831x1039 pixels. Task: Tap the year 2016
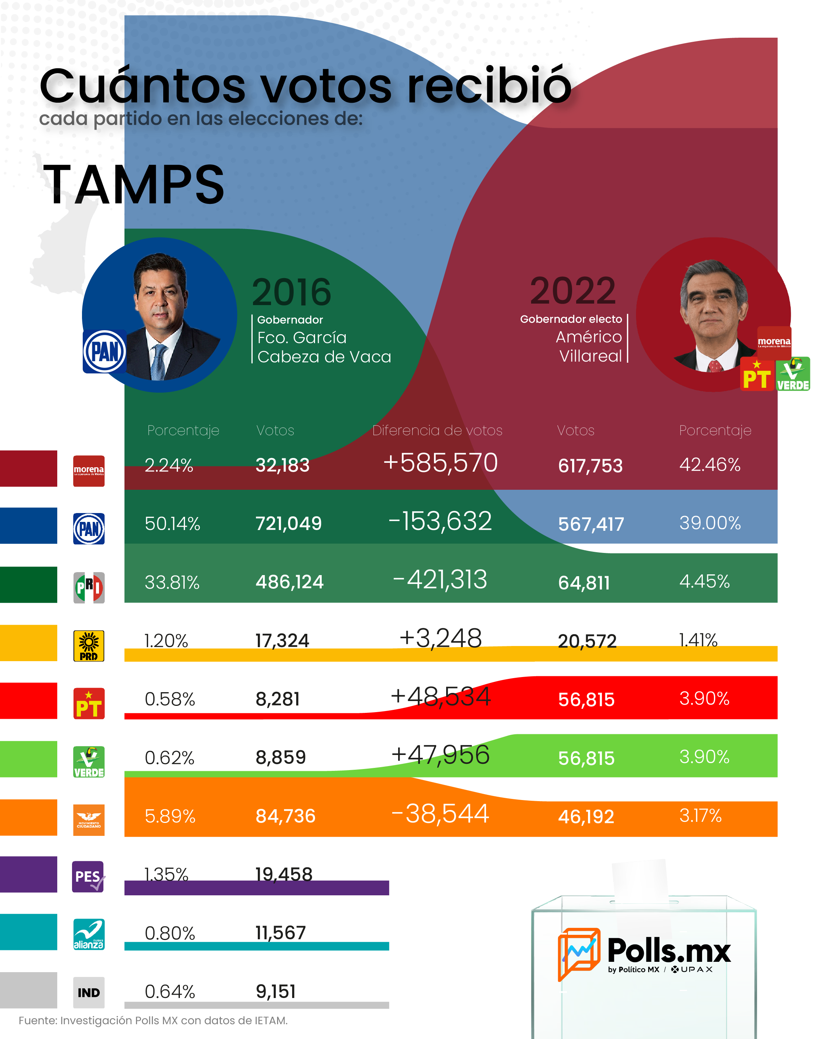pos(292,292)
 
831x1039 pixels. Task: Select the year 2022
pos(572,291)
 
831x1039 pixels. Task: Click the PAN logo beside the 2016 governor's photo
pos(105,351)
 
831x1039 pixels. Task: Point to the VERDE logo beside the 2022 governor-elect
pos(793,373)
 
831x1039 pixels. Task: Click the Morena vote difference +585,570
pos(440,463)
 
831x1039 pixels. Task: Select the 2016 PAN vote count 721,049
pos(288,523)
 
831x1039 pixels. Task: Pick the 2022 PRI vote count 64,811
pos(584,582)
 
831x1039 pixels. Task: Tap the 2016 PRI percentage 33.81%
pos(172,582)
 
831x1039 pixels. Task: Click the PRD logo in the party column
pos(89,646)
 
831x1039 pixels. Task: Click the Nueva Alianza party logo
pos(89,934)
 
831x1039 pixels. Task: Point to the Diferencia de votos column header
pos(437,430)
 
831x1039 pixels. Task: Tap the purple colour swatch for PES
pos(28,874)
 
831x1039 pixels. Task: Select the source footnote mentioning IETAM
pos(153,1021)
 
